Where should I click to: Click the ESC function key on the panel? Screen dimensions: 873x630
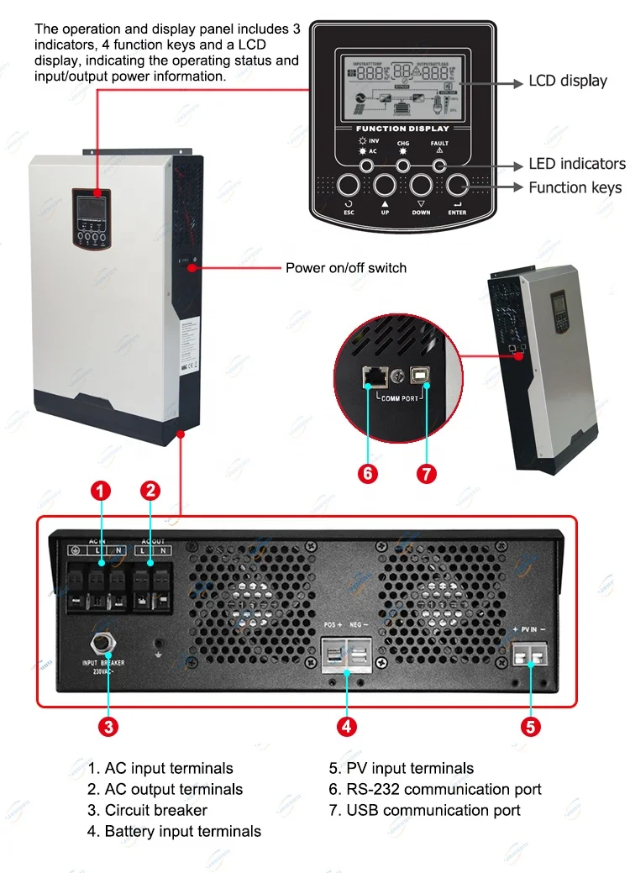pos(349,186)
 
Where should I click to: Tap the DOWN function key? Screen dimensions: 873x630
pos(421,186)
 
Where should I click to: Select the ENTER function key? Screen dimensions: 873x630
pos(457,186)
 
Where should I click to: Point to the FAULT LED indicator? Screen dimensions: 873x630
pos(439,166)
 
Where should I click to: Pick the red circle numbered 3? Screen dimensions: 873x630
pos(108,727)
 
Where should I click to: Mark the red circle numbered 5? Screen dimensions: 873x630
pos(530,727)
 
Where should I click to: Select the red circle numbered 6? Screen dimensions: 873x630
pos(368,472)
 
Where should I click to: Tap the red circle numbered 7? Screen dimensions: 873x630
pos(426,472)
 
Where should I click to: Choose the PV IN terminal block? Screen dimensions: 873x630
pos(531,654)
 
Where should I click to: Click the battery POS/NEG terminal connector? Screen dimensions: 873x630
pos(347,655)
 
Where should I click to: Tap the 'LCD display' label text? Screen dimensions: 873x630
pos(567,82)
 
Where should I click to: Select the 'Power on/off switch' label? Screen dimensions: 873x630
pos(345,268)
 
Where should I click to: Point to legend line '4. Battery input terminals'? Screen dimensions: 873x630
pos(174,831)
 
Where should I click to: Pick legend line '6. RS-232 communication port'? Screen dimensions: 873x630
pos(434,789)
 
